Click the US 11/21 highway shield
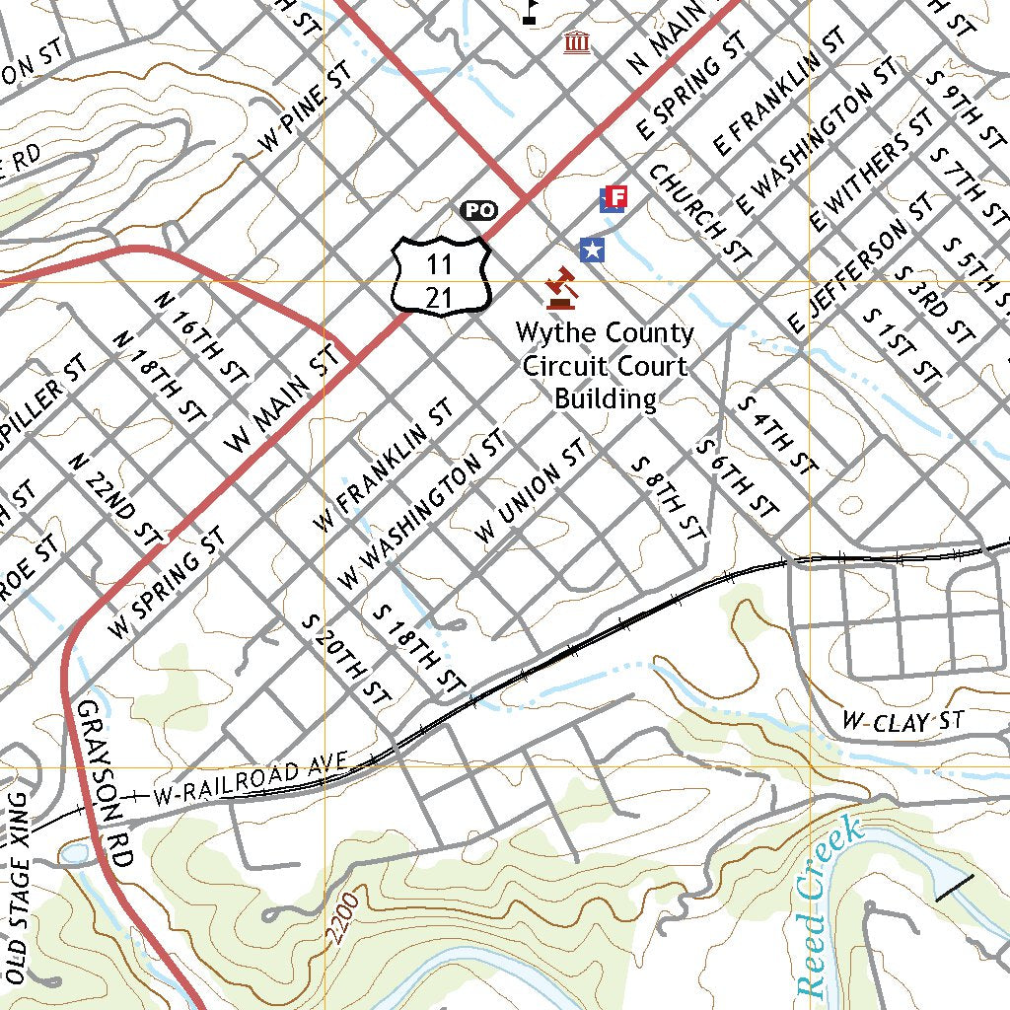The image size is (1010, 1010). click(441, 275)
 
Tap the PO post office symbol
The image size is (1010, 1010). click(478, 209)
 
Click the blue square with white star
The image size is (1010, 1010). click(591, 251)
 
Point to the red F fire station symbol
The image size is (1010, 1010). click(613, 199)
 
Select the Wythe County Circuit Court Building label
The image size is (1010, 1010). click(605, 366)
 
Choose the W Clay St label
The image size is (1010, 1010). click(902, 722)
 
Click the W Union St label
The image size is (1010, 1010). click(530, 490)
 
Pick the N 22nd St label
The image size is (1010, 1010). click(115, 500)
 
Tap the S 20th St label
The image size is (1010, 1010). click(345, 659)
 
